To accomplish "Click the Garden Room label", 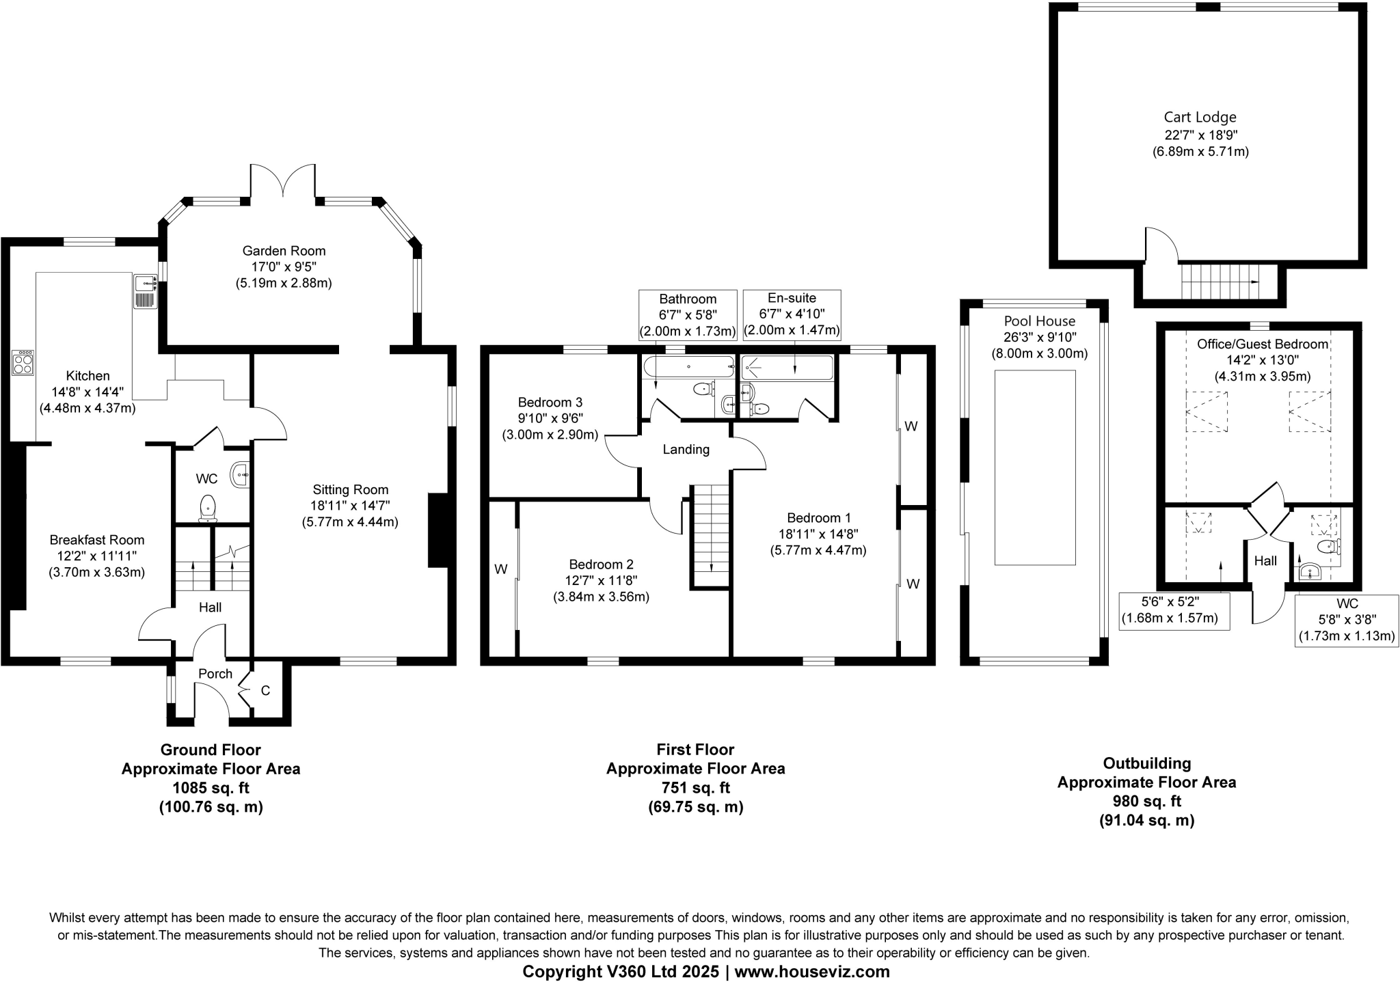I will click(284, 251).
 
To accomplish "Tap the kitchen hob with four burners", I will click(23, 362).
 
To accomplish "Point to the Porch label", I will click(215, 674).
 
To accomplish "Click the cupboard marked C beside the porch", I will click(265, 691).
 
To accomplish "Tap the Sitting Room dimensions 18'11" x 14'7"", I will click(350, 506).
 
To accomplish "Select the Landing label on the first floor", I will click(686, 450).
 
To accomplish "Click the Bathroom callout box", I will click(688, 315).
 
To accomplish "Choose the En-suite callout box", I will click(792, 315).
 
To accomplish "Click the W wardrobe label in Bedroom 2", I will click(501, 569).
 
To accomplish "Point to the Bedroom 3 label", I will click(550, 403).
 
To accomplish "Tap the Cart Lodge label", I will click(1200, 118).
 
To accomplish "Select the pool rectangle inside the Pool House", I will click(1035, 467).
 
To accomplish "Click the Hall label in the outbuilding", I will click(1265, 561).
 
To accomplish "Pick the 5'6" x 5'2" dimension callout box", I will click(1174, 611).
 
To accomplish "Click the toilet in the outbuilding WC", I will click(1328, 546).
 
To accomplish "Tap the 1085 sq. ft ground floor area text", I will click(211, 787).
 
